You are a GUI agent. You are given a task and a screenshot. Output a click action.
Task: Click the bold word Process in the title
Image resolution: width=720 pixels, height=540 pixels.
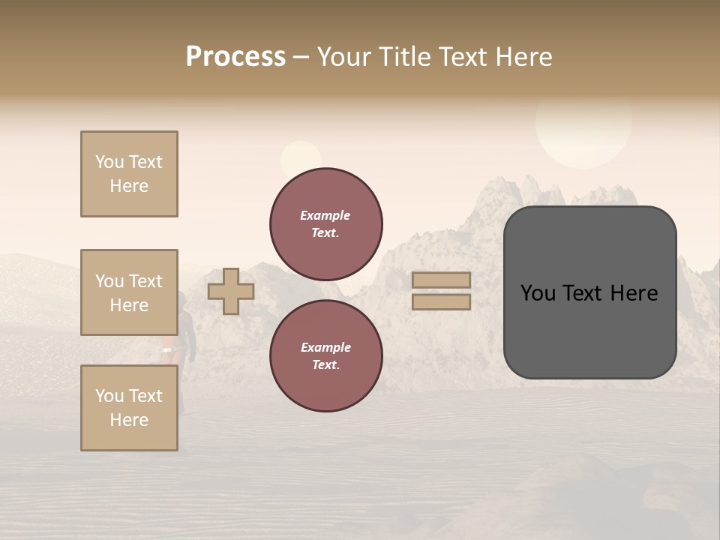coord(235,57)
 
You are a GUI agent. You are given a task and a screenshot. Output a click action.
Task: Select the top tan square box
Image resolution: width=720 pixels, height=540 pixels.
coord(129,174)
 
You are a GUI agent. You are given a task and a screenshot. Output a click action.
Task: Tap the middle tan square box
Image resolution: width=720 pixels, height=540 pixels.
coord(129,292)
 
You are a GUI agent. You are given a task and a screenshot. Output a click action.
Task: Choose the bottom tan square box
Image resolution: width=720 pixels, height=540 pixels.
coord(129,408)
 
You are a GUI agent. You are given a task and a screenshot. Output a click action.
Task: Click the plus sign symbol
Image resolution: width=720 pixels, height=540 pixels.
coord(231,292)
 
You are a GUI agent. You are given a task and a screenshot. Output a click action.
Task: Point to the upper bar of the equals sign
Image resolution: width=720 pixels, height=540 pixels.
coord(441,280)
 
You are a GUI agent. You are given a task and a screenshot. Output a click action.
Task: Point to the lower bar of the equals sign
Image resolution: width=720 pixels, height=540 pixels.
coord(441,301)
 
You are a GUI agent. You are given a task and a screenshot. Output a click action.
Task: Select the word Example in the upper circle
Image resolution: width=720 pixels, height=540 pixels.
coord(325,215)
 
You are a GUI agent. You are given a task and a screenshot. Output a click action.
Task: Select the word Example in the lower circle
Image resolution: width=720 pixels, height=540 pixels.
coord(325,347)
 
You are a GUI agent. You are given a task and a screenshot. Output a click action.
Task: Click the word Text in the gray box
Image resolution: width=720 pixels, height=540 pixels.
coord(589,293)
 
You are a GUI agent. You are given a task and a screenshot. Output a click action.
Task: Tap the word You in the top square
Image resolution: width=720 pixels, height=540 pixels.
coord(109,162)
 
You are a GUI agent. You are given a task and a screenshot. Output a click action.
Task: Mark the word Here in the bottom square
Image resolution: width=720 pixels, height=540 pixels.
coord(129,420)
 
